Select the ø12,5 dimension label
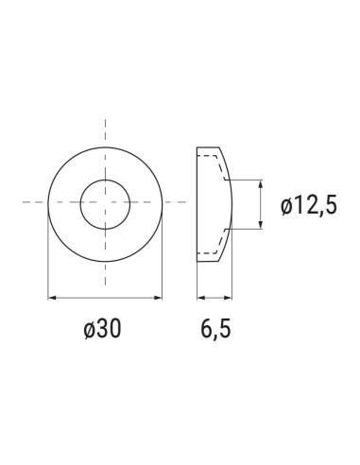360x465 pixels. tap(308, 203)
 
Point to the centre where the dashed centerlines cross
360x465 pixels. tap(105, 202)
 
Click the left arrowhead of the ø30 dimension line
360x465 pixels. tap(50, 299)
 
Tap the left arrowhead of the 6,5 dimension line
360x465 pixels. tap(199, 299)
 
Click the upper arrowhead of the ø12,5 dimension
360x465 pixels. tap(261, 182)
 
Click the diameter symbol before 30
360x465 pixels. tap(89, 330)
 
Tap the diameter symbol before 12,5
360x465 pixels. tap(286, 203)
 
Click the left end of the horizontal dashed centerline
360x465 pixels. tap(25, 202)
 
